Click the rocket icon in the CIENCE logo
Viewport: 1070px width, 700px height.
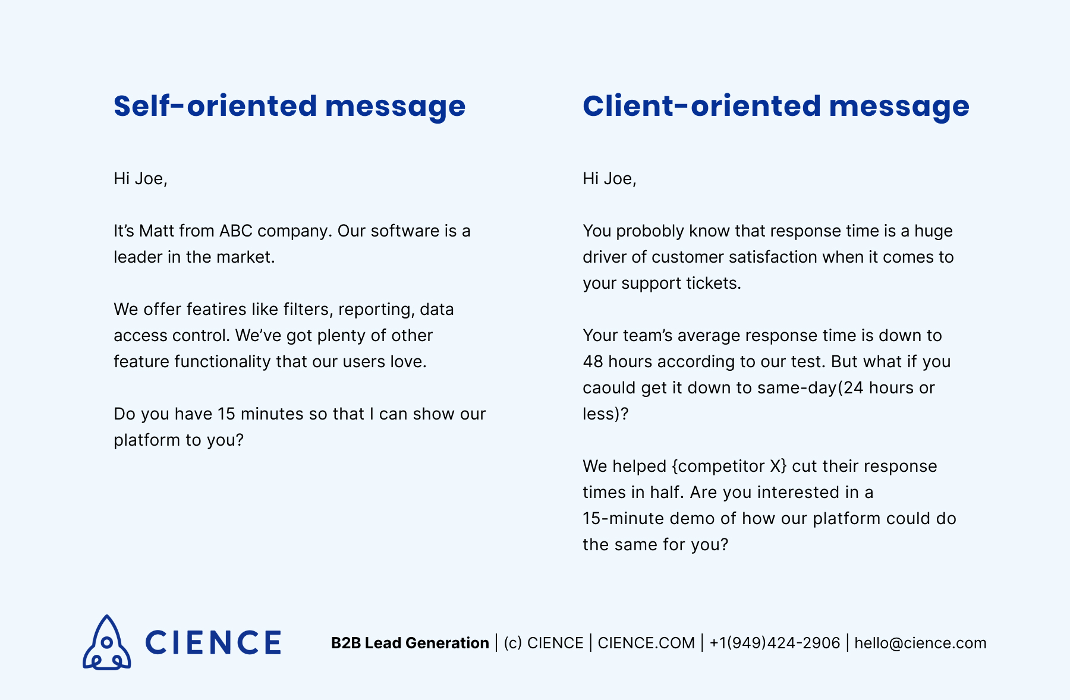click(x=106, y=642)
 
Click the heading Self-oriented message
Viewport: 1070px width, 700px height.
click(x=289, y=106)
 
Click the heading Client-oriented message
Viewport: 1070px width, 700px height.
click(x=776, y=106)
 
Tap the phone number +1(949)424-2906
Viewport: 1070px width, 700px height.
click(x=775, y=643)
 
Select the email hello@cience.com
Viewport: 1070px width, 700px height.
click(x=920, y=643)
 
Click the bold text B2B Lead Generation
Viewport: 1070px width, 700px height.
click(x=410, y=643)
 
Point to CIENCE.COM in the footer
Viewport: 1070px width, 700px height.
click(x=646, y=643)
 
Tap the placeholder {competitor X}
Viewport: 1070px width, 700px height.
click(x=729, y=466)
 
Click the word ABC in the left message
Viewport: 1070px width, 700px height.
click(x=236, y=231)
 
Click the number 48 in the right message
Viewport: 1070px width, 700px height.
click(x=593, y=362)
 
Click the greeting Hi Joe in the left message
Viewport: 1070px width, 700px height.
click(x=140, y=179)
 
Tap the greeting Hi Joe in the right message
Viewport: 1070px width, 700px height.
click(x=609, y=179)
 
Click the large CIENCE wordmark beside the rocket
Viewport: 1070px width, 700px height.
click(x=213, y=643)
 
